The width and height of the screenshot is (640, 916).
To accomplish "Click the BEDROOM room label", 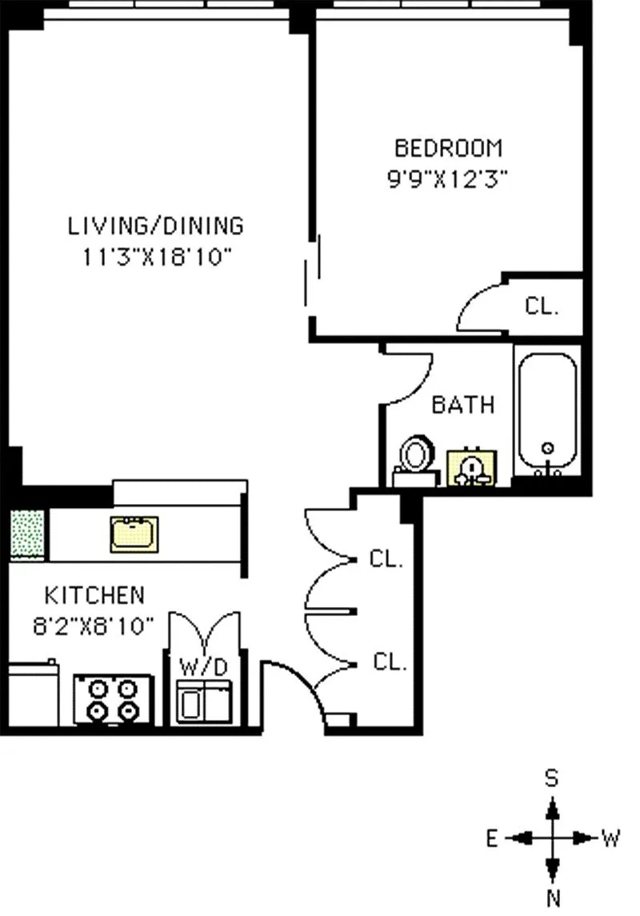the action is [x=449, y=148].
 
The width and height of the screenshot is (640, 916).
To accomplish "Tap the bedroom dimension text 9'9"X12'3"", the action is [x=447, y=178].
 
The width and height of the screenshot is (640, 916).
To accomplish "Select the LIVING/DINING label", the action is [x=156, y=226].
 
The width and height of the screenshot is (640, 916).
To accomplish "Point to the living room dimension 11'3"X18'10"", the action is [x=157, y=257].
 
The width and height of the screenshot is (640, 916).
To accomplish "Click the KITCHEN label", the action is [x=94, y=595].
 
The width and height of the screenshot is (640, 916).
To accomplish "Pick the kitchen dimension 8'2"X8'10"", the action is [x=94, y=626].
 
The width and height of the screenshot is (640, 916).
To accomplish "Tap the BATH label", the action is [x=463, y=404].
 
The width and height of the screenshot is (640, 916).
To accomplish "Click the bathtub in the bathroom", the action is [x=547, y=413].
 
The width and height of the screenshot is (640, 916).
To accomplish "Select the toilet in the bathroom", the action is [x=416, y=460].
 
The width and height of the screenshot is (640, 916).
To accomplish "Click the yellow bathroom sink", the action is [x=472, y=467].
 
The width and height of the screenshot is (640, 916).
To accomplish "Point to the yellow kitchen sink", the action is [x=134, y=534].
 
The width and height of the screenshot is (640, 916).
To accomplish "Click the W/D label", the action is [x=203, y=666].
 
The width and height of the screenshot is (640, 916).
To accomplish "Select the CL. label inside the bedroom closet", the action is [x=542, y=306].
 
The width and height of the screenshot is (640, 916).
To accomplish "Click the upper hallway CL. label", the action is [x=386, y=558].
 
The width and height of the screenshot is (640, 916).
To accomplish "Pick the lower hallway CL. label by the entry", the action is [x=390, y=662].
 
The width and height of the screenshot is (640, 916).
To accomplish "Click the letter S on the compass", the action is [x=551, y=778].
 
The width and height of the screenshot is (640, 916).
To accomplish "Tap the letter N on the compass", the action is [x=553, y=898].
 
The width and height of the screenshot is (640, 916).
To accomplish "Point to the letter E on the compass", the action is [x=492, y=839].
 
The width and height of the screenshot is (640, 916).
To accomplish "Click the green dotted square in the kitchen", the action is [x=27, y=533].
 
